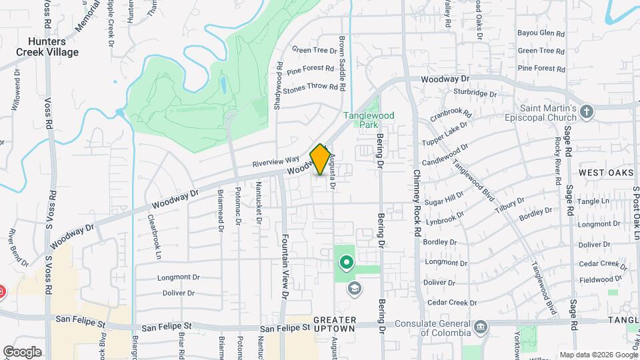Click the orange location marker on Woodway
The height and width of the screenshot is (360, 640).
click(320, 159)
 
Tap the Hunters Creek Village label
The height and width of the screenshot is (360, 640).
click(49, 47)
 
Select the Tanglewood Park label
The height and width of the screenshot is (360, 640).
click(369, 120)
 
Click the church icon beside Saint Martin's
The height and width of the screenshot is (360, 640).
click(587, 111)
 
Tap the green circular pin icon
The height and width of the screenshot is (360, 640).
click(346, 263)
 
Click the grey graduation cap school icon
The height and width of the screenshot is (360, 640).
click(355, 288)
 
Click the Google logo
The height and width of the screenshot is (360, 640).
click(22, 351)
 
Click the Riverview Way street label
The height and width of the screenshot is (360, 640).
click(275, 162)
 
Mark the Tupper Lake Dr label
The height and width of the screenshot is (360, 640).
click(445, 135)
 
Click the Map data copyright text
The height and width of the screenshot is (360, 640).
click(597, 355)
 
